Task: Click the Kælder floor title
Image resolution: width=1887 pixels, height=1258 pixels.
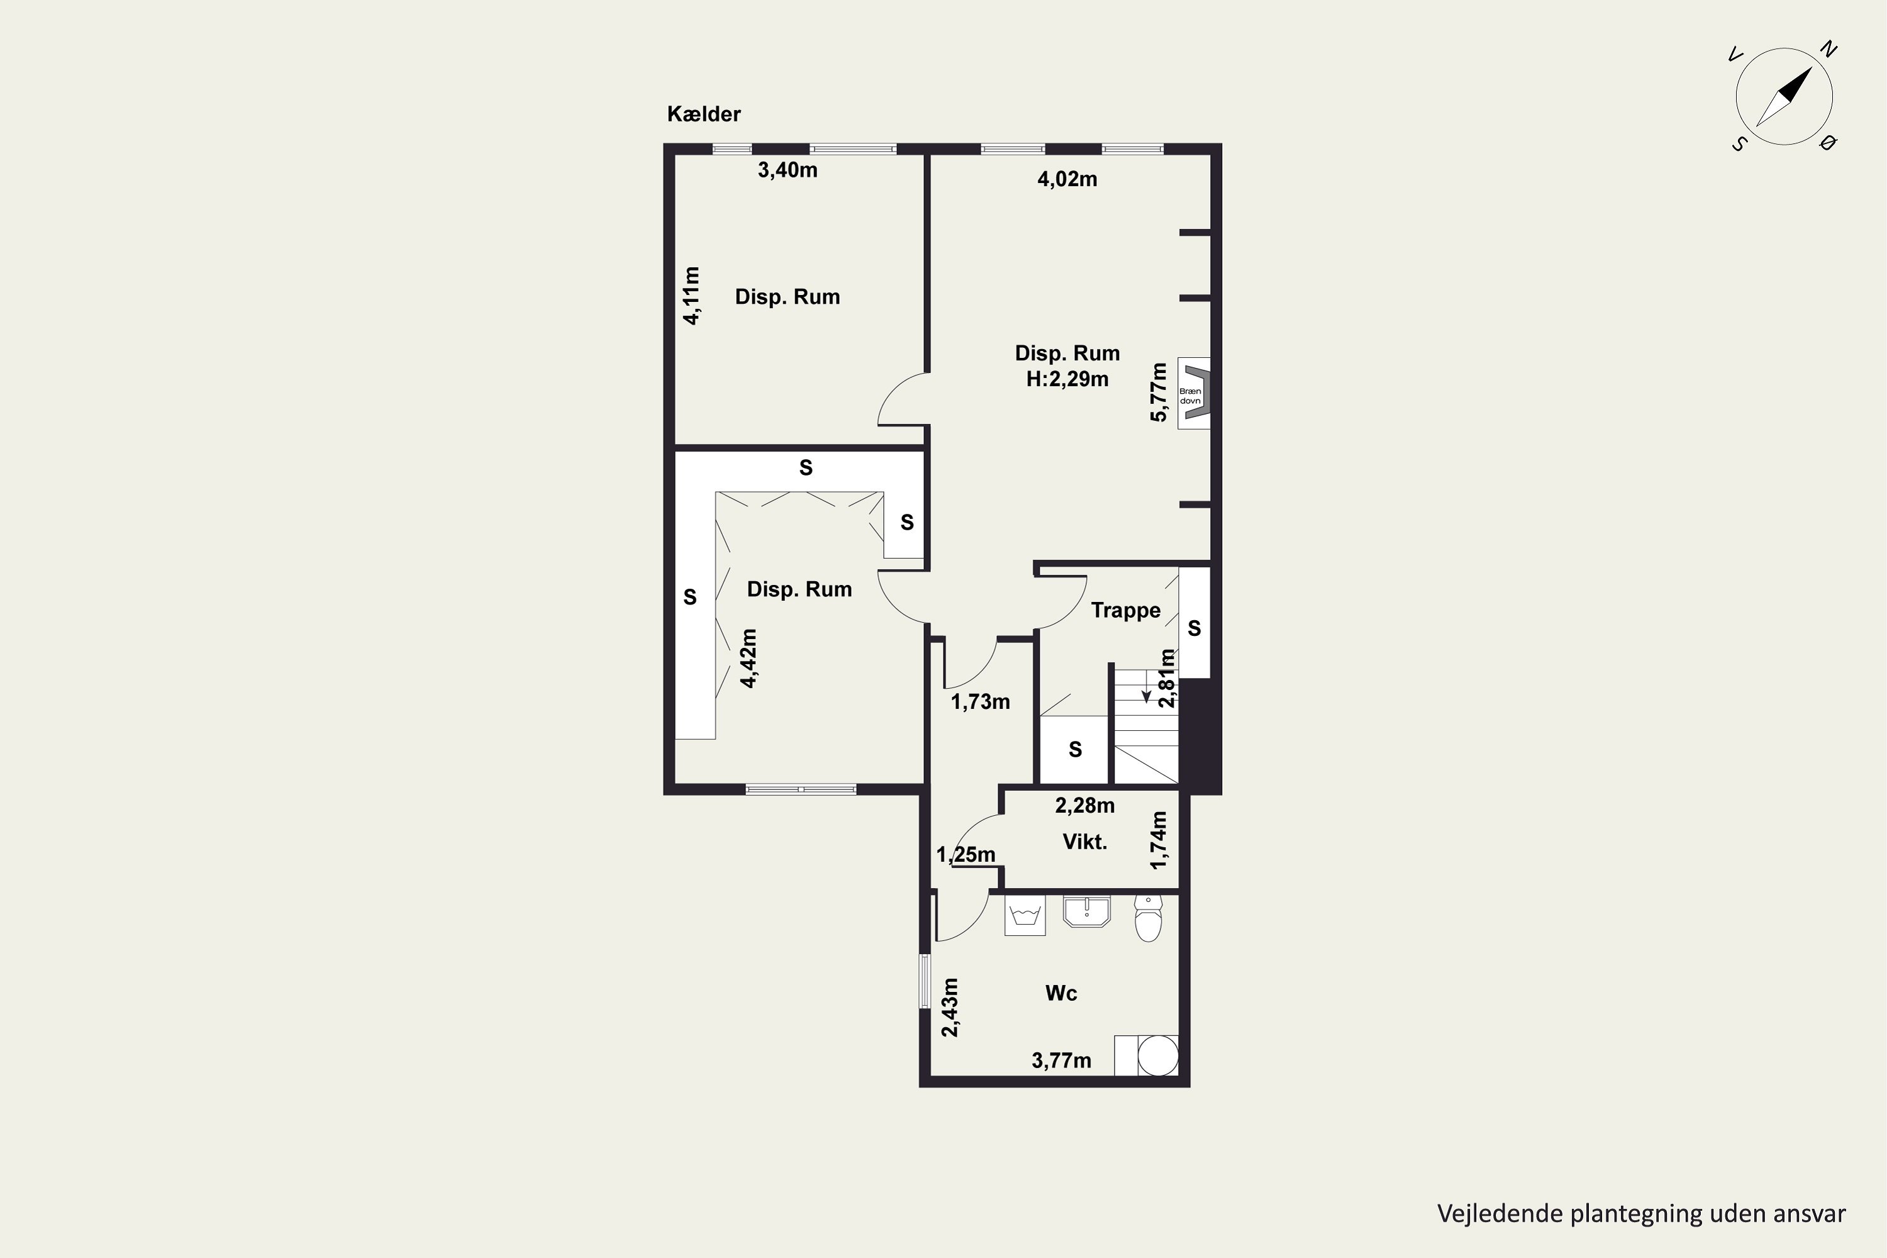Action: click(704, 114)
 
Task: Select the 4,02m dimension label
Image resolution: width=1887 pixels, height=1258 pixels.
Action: click(1067, 179)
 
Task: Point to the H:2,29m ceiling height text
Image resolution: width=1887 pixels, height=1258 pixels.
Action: click(1067, 379)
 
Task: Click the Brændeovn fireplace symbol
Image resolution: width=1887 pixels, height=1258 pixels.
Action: click(1194, 393)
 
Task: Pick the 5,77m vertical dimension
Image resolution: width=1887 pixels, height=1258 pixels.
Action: click(1159, 392)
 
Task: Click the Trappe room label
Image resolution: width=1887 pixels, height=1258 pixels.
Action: click(1126, 611)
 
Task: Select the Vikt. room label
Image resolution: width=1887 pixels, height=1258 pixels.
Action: click(1084, 842)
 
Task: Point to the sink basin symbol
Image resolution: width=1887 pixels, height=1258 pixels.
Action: click(1087, 911)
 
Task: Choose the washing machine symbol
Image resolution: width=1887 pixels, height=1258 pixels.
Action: click(1025, 915)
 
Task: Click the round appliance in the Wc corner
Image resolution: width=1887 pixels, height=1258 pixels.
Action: click(1159, 1056)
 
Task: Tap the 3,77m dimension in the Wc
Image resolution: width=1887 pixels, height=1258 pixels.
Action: click(1062, 1060)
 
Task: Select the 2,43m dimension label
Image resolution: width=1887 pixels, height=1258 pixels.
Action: click(950, 1008)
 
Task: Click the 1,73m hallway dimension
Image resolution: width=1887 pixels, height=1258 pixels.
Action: click(981, 702)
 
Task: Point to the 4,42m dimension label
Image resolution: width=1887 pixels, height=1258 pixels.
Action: click(749, 658)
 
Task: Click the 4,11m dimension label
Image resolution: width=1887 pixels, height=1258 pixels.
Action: click(691, 295)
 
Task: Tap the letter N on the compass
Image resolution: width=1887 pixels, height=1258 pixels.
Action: click(1829, 50)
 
